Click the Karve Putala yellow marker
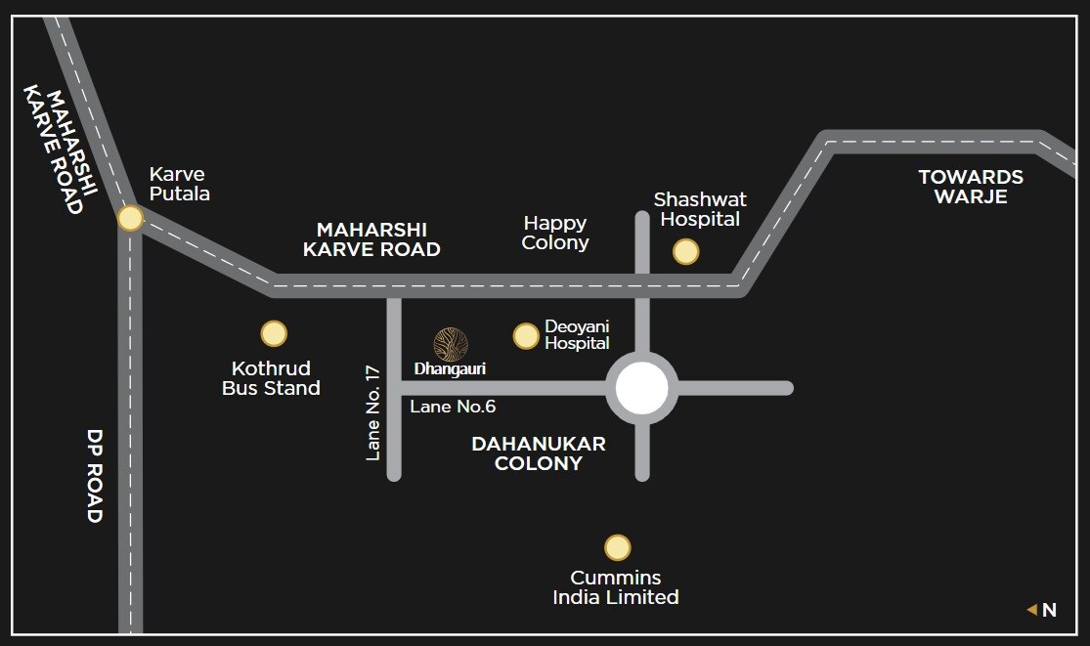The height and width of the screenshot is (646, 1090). coord(130,218)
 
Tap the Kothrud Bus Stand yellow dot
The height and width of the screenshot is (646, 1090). coord(274,334)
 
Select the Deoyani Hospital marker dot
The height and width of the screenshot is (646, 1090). coord(526,336)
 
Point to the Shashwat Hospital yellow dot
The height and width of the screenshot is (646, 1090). coord(686,252)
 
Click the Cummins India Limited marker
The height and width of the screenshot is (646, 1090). coord(617,547)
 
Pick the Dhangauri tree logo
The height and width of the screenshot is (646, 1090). coord(451,344)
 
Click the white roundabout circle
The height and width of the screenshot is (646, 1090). coord(642,389)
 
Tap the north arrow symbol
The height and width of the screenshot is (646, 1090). coord(1031,610)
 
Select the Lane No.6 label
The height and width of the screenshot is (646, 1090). coord(453,407)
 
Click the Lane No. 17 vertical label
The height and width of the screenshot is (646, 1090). coord(372,411)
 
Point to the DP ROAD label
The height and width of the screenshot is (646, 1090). coord(95,476)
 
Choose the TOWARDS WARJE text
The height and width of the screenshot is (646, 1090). coord(971,187)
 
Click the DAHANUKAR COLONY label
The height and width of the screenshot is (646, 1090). coord(539,453)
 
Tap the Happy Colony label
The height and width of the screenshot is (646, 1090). coord(555,234)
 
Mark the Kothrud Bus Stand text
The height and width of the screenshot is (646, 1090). coord(272,378)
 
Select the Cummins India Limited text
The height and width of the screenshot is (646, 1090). coord(616,587)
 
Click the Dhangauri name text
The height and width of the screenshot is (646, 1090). coord(450,369)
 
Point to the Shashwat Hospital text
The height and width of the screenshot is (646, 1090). coord(700,209)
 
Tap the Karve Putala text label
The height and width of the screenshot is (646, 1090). coord(179,184)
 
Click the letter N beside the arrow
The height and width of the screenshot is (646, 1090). coord(1049,610)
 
